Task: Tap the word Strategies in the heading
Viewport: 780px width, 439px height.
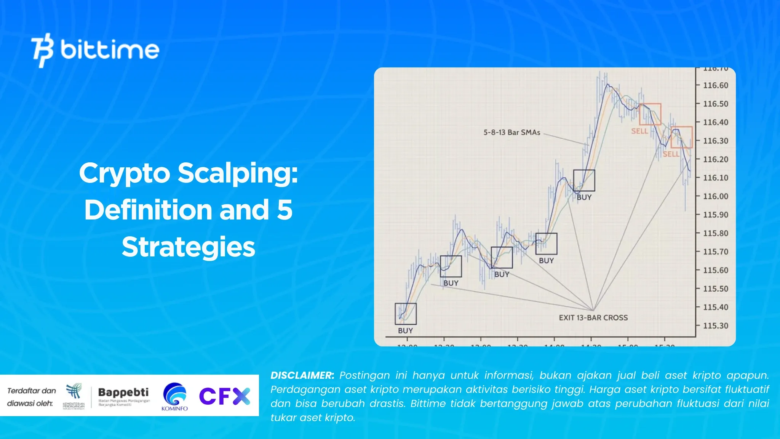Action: tap(188, 247)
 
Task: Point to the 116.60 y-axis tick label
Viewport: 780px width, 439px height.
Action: tap(715, 85)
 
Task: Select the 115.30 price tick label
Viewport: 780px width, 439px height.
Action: tap(715, 326)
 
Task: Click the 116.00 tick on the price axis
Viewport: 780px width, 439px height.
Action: tap(715, 196)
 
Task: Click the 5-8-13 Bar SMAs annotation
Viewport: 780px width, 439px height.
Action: tap(511, 133)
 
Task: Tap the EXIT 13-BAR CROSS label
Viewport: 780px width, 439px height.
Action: tap(593, 317)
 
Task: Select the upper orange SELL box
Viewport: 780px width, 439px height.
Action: tap(650, 114)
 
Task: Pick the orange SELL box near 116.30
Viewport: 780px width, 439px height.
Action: tap(681, 137)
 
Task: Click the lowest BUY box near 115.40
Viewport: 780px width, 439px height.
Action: tap(406, 314)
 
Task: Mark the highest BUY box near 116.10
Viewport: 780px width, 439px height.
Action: tap(584, 180)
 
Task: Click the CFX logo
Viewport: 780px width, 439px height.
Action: tap(225, 396)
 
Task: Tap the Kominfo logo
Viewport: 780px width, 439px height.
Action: tap(174, 396)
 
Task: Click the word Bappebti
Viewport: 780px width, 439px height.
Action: tap(123, 392)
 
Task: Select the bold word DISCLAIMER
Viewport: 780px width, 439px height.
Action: tap(302, 375)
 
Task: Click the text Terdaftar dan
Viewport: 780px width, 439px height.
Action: tap(32, 391)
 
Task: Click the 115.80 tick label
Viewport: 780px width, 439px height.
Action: tap(715, 233)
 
